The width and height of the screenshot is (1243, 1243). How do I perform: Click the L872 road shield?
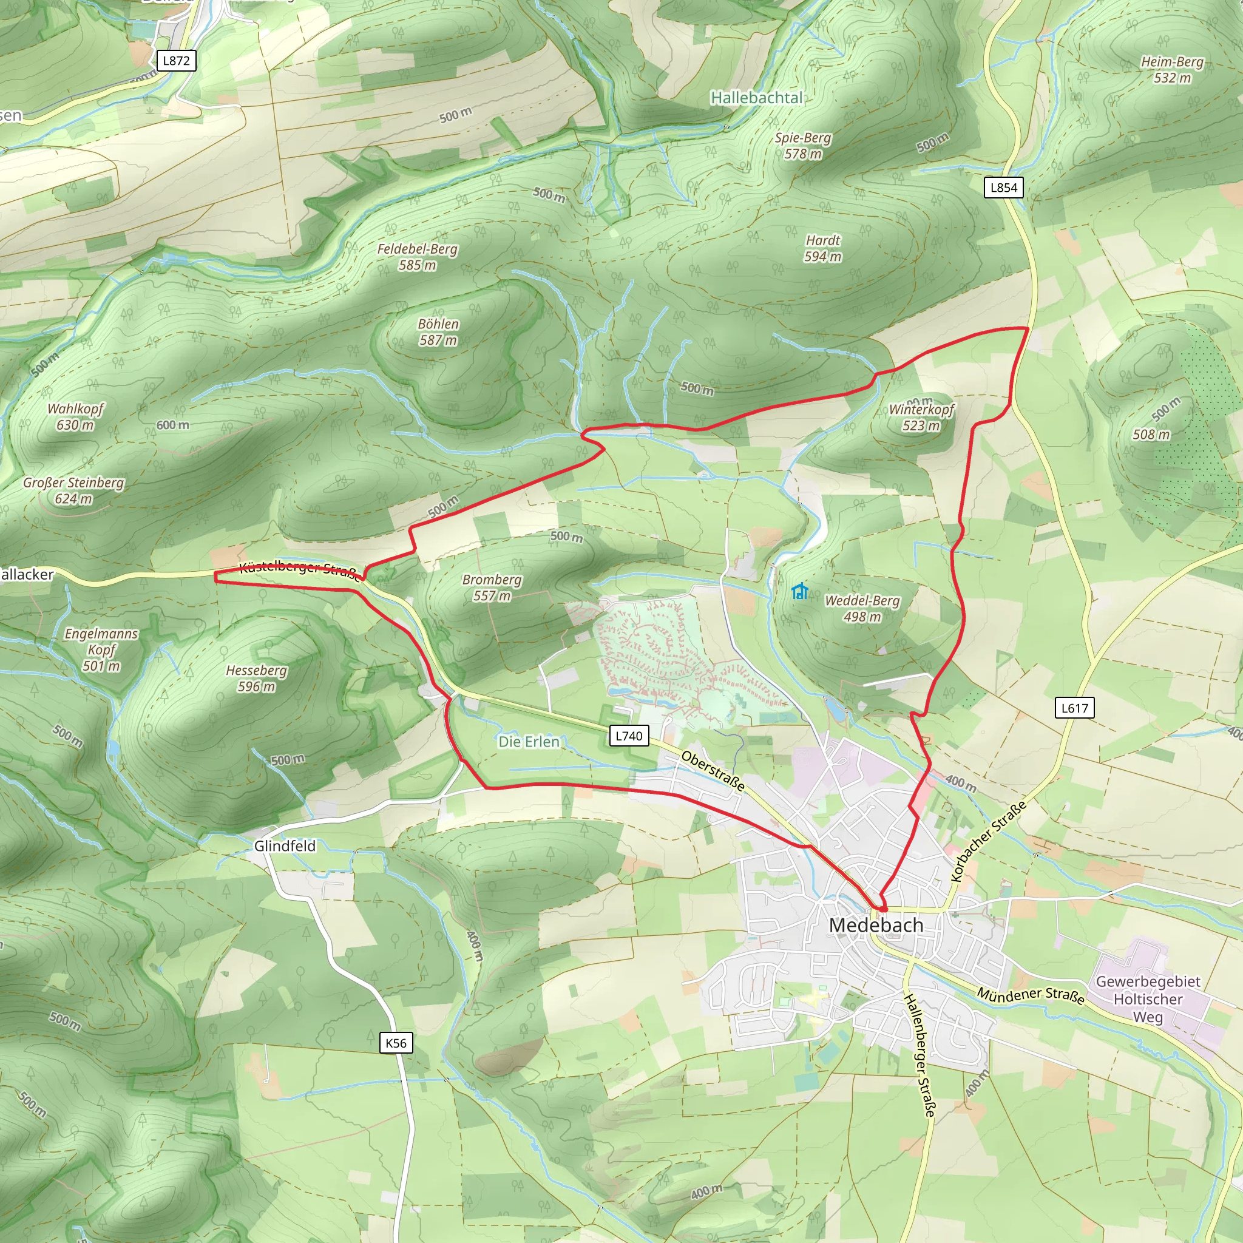[176, 61]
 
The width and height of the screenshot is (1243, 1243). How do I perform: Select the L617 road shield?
[1074, 708]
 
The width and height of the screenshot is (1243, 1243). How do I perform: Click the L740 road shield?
[629, 736]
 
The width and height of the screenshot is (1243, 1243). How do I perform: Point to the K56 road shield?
[396, 1043]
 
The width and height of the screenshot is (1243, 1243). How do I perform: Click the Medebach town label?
[876, 925]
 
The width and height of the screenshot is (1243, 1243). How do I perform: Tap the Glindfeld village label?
[285, 846]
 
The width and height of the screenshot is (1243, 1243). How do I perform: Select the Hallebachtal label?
[757, 98]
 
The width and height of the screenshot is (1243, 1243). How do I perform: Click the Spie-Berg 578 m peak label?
[803, 146]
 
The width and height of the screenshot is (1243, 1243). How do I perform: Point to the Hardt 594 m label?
[823, 248]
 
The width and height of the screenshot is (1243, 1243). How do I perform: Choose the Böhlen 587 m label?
[438, 332]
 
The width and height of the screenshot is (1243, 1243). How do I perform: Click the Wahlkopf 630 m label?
[75, 416]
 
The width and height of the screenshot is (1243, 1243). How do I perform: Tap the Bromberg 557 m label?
[492, 588]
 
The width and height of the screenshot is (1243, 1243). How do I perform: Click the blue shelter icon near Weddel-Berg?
[800, 591]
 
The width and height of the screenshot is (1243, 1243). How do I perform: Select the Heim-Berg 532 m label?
[1171, 69]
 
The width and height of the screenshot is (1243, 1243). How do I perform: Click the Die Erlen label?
[529, 742]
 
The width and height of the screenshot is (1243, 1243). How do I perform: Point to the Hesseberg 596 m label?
[256, 678]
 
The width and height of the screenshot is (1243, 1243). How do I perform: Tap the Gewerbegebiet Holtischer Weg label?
[1148, 999]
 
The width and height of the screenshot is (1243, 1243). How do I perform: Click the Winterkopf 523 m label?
[921, 417]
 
